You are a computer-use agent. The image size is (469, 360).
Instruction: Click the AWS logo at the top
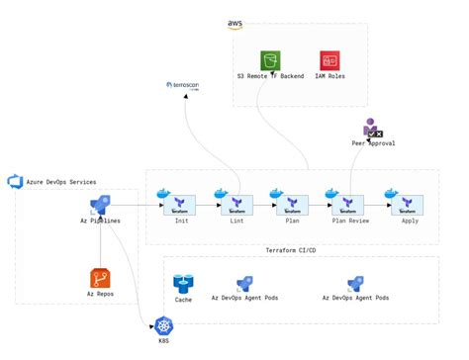point(235,24)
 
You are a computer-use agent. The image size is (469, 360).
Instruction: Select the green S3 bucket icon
point(270,60)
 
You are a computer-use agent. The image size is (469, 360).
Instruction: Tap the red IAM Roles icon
point(329,60)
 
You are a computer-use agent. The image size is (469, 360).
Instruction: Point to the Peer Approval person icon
point(371,128)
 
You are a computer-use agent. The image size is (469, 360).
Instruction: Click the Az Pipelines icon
point(100,205)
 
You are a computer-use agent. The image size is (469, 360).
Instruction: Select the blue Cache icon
point(183,284)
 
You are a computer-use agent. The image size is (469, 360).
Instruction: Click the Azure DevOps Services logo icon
point(14,181)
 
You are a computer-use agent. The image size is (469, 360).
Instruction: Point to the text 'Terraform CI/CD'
point(294,250)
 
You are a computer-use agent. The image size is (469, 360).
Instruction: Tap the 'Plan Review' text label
point(351,221)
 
